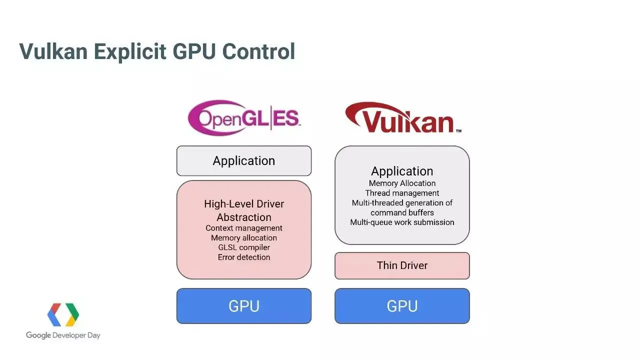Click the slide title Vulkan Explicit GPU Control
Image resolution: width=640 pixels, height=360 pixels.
pos(157,51)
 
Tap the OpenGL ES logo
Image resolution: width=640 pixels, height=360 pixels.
pos(244,118)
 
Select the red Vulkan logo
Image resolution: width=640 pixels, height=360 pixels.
pos(402,118)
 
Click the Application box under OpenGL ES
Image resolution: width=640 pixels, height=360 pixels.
pos(244,161)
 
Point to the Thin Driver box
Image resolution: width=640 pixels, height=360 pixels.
pos(402,265)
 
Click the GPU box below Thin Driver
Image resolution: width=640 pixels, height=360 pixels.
pos(402,306)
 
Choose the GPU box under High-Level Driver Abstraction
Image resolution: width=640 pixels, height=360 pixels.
pos(244,306)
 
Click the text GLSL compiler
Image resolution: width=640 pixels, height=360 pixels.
pos(244,247)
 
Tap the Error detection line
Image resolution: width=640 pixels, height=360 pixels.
pos(244,257)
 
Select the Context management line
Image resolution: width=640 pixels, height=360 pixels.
pos(244,228)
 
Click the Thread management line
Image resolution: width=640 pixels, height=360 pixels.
pos(402,193)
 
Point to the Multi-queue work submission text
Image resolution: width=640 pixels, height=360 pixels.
pos(402,222)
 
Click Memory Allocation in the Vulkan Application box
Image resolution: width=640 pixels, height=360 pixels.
pos(402,183)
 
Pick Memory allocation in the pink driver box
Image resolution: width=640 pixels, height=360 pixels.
pos(244,238)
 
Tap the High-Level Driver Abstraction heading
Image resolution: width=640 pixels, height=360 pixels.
pos(244,210)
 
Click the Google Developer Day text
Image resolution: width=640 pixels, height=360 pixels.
pos(63,335)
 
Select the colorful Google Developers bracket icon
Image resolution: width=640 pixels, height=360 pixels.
pos(63,314)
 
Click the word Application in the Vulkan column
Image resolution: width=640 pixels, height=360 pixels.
pos(402,171)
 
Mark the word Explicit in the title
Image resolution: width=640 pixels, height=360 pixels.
pos(131,51)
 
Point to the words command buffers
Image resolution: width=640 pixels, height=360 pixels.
pos(402,212)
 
